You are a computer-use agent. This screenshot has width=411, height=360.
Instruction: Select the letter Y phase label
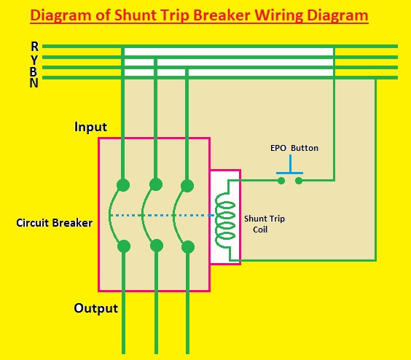35,59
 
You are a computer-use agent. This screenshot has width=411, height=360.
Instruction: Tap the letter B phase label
35,71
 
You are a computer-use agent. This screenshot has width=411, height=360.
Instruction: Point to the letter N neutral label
35,82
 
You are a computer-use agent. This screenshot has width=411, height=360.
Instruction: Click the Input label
90,127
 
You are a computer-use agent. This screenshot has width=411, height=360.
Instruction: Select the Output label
95,308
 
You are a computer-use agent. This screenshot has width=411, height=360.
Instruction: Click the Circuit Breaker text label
54,223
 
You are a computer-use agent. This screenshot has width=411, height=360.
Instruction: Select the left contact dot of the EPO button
281,179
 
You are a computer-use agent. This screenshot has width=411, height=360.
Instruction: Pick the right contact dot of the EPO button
299,179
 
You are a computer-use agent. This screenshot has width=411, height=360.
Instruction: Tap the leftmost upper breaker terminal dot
124,184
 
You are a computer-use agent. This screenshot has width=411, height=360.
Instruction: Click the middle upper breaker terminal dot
156,184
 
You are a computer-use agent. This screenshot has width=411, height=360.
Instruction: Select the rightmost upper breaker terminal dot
187,184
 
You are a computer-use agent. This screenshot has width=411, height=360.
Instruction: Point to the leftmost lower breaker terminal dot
124,246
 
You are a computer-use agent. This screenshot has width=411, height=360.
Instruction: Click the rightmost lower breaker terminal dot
187,246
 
